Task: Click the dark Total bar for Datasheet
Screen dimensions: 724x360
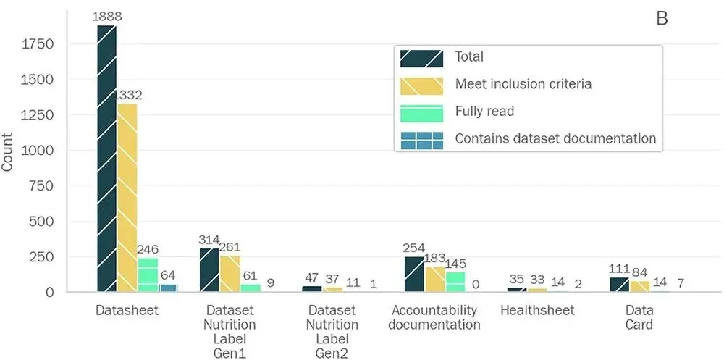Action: pyautogui.click(x=106, y=159)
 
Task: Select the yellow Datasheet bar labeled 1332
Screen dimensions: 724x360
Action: pyautogui.click(x=127, y=198)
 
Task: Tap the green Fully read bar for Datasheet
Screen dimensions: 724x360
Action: pyautogui.click(x=148, y=275)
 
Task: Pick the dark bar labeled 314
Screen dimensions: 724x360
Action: pyautogui.click(x=209, y=270)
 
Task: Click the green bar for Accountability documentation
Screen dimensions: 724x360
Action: pyautogui.click(x=455, y=282)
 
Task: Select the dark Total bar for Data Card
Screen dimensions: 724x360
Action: pyautogui.click(x=620, y=284)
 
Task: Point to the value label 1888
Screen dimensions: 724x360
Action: pyautogui.click(x=106, y=17)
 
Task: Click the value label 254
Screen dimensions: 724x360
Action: pyautogui.click(x=414, y=248)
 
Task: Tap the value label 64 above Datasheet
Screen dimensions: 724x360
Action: pyautogui.click(x=168, y=276)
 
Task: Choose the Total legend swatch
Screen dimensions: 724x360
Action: pyautogui.click(x=421, y=58)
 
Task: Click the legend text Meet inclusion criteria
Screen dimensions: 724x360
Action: pyautogui.click(x=523, y=84)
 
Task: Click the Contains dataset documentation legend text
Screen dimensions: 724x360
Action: pyautogui.click(x=555, y=138)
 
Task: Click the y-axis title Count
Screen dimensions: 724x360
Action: pyautogui.click(x=7, y=152)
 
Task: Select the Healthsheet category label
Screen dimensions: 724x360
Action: pyautogui.click(x=537, y=309)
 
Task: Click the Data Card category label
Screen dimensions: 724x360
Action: pyautogui.click(x=639, y=317)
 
